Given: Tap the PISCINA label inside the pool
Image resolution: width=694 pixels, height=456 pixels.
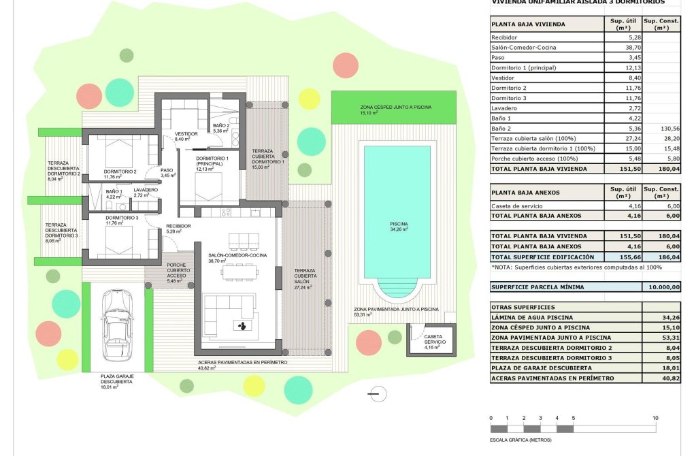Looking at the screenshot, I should [x=399, y=226].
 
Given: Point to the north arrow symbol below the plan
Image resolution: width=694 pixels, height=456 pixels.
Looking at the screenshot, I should [x=379, y=393].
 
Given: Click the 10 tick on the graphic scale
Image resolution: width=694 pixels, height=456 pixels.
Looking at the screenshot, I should [x=655, y=418].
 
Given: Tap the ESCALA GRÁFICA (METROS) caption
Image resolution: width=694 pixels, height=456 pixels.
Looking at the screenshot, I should [x=521, y=440].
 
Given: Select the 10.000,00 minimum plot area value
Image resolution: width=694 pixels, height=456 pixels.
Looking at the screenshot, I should [x=662, y=287].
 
